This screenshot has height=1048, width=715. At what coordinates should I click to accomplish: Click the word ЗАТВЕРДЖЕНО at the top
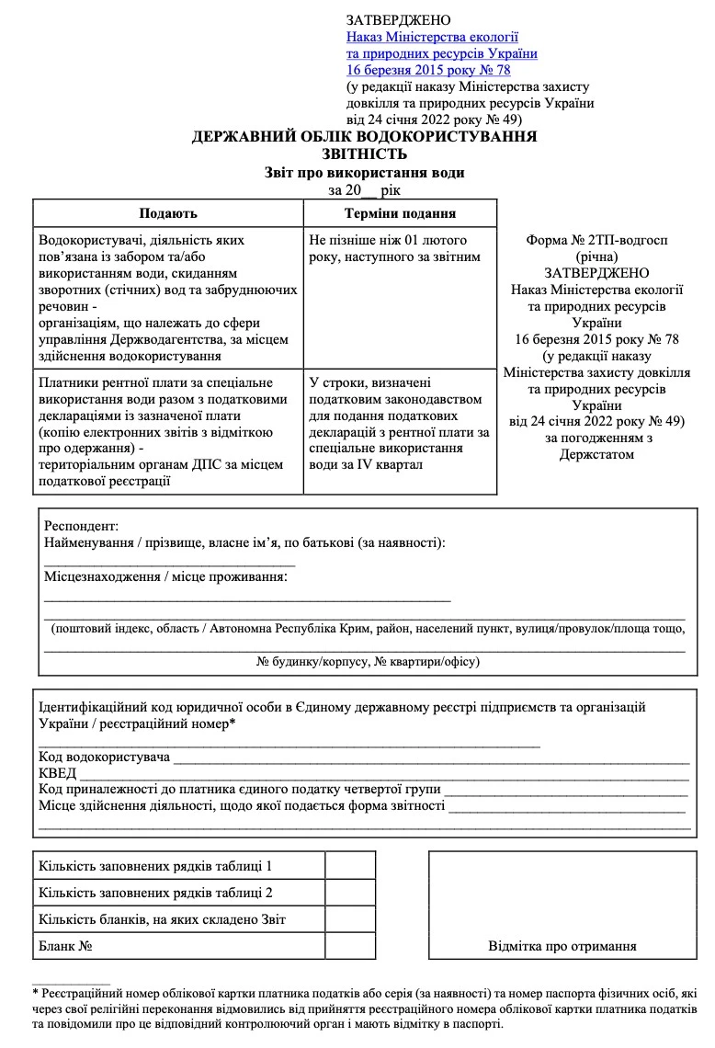click(x=399, y=20)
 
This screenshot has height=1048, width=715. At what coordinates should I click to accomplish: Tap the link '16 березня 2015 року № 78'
click(x=428, y=70)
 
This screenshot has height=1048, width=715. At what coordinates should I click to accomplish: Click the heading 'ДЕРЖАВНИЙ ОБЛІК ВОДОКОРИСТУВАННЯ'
click(x=364, y=137)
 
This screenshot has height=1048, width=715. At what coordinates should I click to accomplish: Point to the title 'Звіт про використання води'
click(x=364, y=172)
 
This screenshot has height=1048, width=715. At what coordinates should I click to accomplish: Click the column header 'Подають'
click(x=168, y=213)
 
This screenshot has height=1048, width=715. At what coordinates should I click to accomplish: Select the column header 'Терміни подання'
click(x=400, y=213)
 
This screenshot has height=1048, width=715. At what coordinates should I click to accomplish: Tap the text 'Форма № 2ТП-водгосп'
click(x=596, y=240)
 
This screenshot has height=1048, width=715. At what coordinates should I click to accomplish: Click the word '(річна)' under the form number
click(x=596, y=256)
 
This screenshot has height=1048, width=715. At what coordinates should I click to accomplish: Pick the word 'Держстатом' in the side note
click(x=596, y=455)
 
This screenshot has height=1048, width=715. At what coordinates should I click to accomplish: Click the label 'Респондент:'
click(x=81, y=526)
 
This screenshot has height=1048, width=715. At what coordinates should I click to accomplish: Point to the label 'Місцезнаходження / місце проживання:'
click(x=165, y=576)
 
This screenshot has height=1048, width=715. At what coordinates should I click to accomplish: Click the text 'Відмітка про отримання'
click(x=562, y=946)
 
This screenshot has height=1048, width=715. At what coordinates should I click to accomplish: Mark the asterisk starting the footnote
click(x=35, y=994)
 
